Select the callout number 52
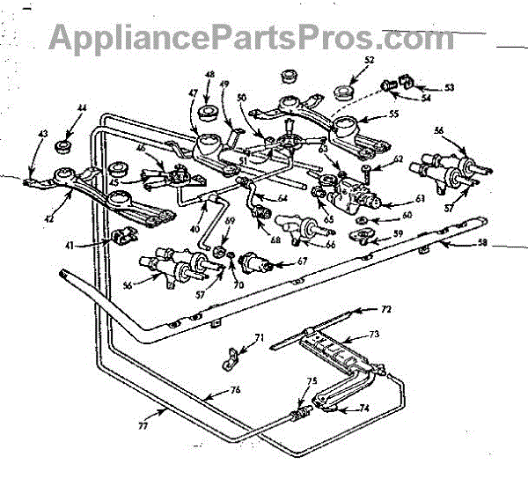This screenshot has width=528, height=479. point(369,59)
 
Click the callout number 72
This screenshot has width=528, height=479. point(385,311)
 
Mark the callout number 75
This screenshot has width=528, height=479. point(311,382)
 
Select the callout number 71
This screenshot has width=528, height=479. point(258,338)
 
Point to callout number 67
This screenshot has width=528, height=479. point(303,261)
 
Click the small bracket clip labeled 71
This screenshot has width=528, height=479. point(231,357)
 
